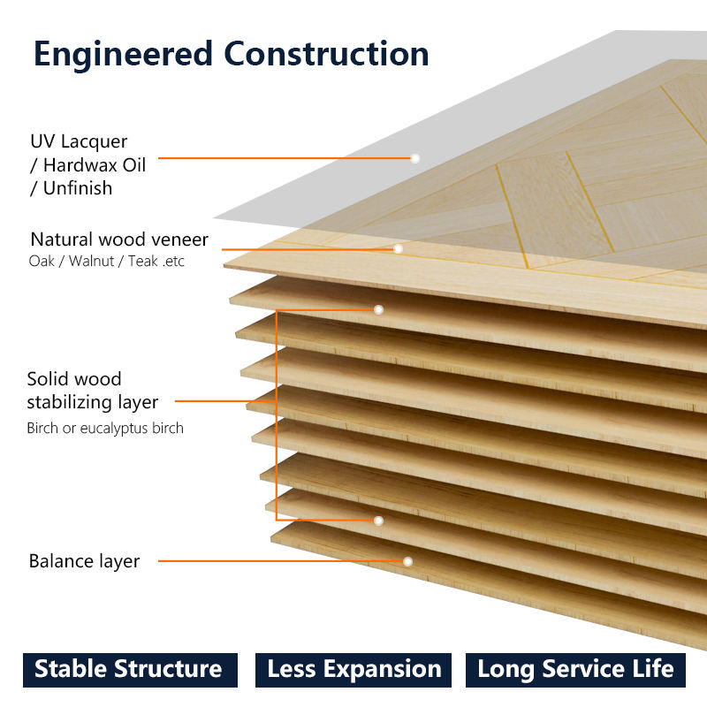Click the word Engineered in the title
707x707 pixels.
123,55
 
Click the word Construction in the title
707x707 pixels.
326,54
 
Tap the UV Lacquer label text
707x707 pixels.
79,141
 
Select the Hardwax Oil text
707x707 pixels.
95,165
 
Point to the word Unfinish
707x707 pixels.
78,188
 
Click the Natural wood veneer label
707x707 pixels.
119,239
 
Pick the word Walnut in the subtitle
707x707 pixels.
91,261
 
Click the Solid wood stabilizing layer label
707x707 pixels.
93,391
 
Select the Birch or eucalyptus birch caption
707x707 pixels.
105,428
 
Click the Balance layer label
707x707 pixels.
84,561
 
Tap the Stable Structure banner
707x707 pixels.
130,670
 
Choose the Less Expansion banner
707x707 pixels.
353,670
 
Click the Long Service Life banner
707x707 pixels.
576,670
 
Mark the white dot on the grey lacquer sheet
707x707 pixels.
414,158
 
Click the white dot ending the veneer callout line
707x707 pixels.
398,249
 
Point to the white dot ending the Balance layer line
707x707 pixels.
407,561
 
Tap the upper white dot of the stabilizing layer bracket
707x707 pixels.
379,310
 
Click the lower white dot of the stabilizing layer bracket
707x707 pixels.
379,521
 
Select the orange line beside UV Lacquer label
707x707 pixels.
285,158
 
